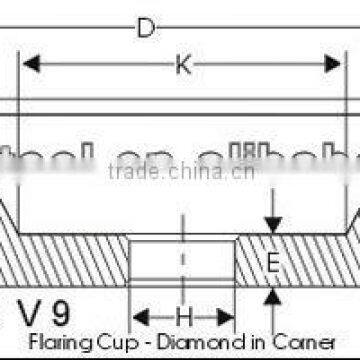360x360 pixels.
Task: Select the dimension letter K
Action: (x=182, y=65)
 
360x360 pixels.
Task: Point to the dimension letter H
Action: (x=184, y=317)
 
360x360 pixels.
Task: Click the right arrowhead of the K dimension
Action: (x=338, y=65)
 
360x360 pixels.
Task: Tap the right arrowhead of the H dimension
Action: (x=229, y=317)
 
